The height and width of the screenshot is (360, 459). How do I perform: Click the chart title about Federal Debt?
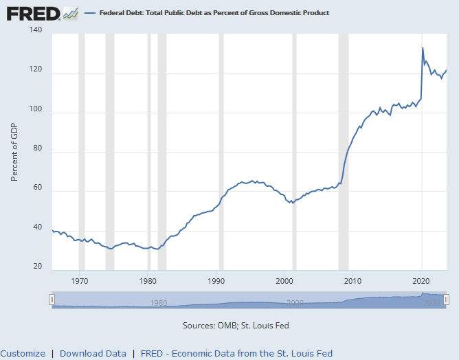point(214,13)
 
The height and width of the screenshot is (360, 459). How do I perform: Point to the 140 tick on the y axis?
point(36,31)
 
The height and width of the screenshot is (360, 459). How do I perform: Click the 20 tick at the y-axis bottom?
point(38,267)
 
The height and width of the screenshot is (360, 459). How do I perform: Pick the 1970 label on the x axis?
point(80,281)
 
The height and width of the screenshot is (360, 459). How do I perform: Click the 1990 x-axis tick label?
point(216,281)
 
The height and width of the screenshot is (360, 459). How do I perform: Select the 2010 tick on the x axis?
point(353,281)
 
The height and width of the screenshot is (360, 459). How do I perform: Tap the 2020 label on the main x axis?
point(421,281)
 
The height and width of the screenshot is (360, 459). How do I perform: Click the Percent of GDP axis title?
point(14,151)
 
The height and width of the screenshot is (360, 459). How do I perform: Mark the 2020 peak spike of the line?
point(423,48)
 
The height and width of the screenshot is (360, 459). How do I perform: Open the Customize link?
point(23,353)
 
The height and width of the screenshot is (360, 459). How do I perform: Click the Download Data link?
point(93,353)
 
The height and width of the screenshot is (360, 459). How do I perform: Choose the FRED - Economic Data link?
point(236,353)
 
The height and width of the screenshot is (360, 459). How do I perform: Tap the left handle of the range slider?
point(52,300)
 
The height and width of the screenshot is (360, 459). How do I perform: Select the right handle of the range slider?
point(446,300)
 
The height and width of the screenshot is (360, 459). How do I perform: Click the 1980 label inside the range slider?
point(158,303)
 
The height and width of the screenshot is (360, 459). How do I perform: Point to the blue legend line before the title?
point(91,13)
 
